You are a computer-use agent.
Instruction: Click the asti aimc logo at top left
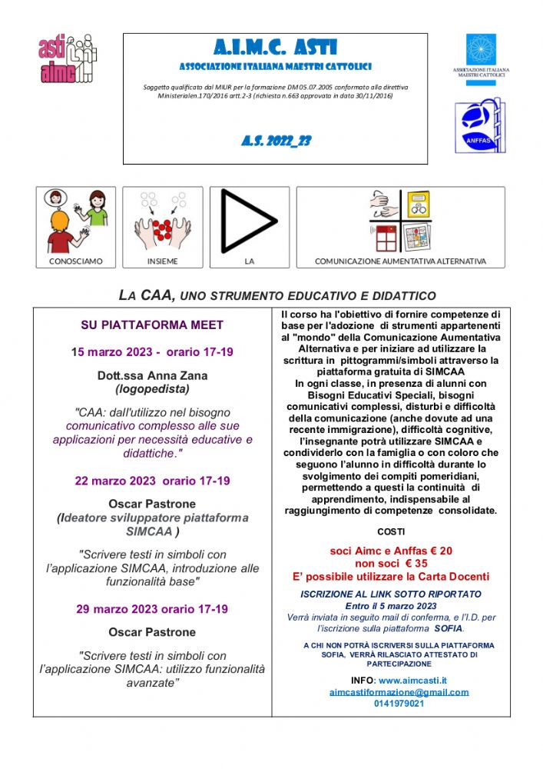68,58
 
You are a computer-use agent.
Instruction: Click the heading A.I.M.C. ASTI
276,48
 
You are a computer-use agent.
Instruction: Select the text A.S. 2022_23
276,141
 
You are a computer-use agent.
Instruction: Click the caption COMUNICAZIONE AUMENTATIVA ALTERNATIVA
400,261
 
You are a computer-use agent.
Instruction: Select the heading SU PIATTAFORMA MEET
152,325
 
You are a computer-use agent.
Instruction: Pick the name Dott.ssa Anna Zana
152,376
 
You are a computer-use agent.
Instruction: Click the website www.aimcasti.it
412,681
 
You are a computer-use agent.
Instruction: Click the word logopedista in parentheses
152,389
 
